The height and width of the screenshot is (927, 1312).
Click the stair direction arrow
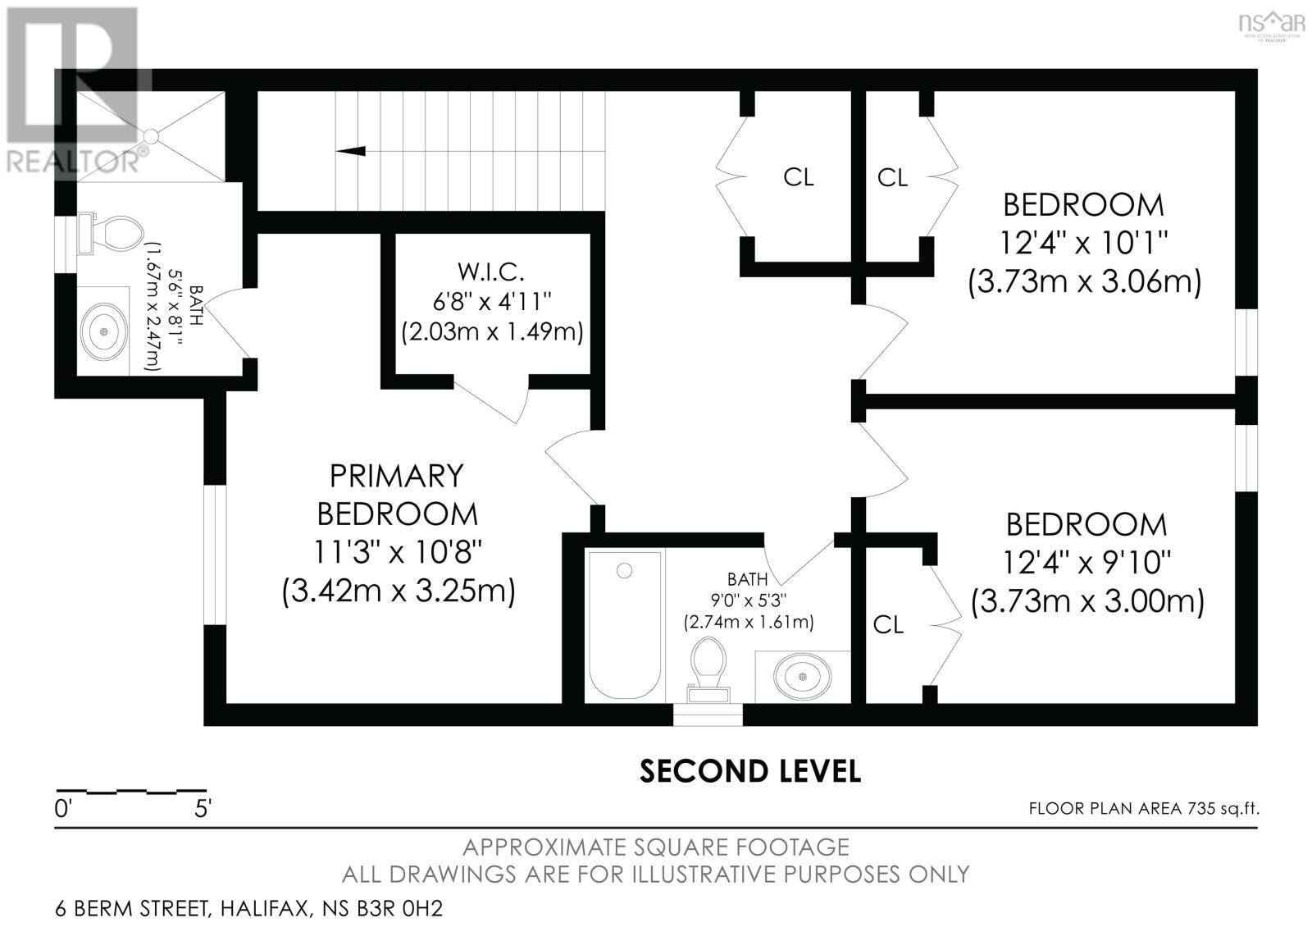tap(351, 150)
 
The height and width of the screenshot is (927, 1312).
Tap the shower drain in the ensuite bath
tap(151, 136)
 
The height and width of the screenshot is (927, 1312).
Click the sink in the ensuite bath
tap(105, 331)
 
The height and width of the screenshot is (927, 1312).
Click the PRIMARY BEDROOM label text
tap(397, 495)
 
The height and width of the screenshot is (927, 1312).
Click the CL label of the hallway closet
tap(798, 177)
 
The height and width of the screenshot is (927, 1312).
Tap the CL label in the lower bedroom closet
tap(888, 625)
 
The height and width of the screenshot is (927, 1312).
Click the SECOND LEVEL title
tap(749, 771)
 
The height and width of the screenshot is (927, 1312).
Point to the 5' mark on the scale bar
tap(203, 808)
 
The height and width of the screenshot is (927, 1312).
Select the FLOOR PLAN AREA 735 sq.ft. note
tap(1143, 809)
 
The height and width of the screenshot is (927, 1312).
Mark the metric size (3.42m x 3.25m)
tap(399, 591)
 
